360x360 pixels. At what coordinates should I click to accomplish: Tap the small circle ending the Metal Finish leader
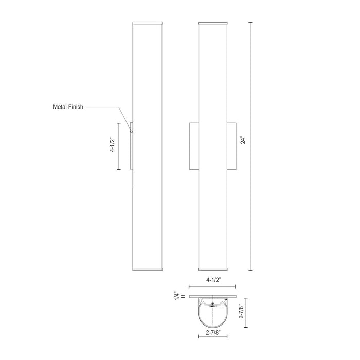click(x=131, y=132)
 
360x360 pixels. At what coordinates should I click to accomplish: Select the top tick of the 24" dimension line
click(x=251, y=22)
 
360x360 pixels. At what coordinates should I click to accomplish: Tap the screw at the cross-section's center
click(x=213, y=307)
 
